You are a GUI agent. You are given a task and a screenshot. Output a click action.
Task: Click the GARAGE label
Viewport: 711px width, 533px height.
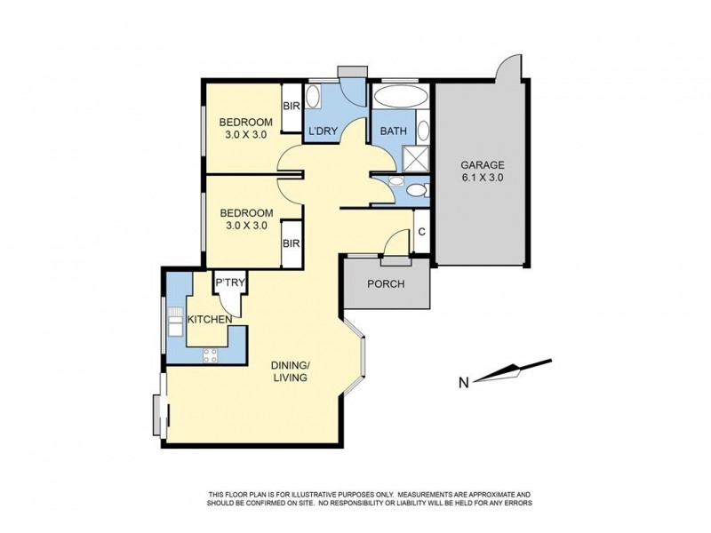(482, 164)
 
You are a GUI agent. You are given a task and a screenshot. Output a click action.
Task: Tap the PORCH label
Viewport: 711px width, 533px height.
(387, 284)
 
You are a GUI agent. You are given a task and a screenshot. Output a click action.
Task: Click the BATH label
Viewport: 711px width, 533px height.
(393, 131)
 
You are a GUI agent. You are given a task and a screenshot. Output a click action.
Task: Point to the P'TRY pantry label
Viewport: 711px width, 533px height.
(230, 283)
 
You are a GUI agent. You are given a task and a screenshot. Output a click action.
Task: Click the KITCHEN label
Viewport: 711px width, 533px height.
(210, 319)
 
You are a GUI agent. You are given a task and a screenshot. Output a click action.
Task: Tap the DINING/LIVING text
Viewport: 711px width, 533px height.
(291, 370)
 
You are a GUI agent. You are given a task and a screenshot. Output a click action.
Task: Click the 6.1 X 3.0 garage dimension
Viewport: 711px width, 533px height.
(482, 178)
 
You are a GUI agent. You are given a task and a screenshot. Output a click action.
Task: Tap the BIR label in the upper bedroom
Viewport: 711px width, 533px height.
(291, 107)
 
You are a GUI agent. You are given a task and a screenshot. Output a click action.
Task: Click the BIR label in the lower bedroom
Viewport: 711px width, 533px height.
(290, 243)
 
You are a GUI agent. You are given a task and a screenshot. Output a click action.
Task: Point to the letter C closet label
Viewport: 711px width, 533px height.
(421, 233)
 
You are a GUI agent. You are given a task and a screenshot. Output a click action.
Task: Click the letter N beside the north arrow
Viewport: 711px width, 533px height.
(463, 383)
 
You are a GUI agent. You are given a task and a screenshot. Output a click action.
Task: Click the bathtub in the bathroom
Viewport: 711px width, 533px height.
(400, 98)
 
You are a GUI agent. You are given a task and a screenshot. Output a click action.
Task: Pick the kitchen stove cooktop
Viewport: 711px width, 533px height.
(212, 355)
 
